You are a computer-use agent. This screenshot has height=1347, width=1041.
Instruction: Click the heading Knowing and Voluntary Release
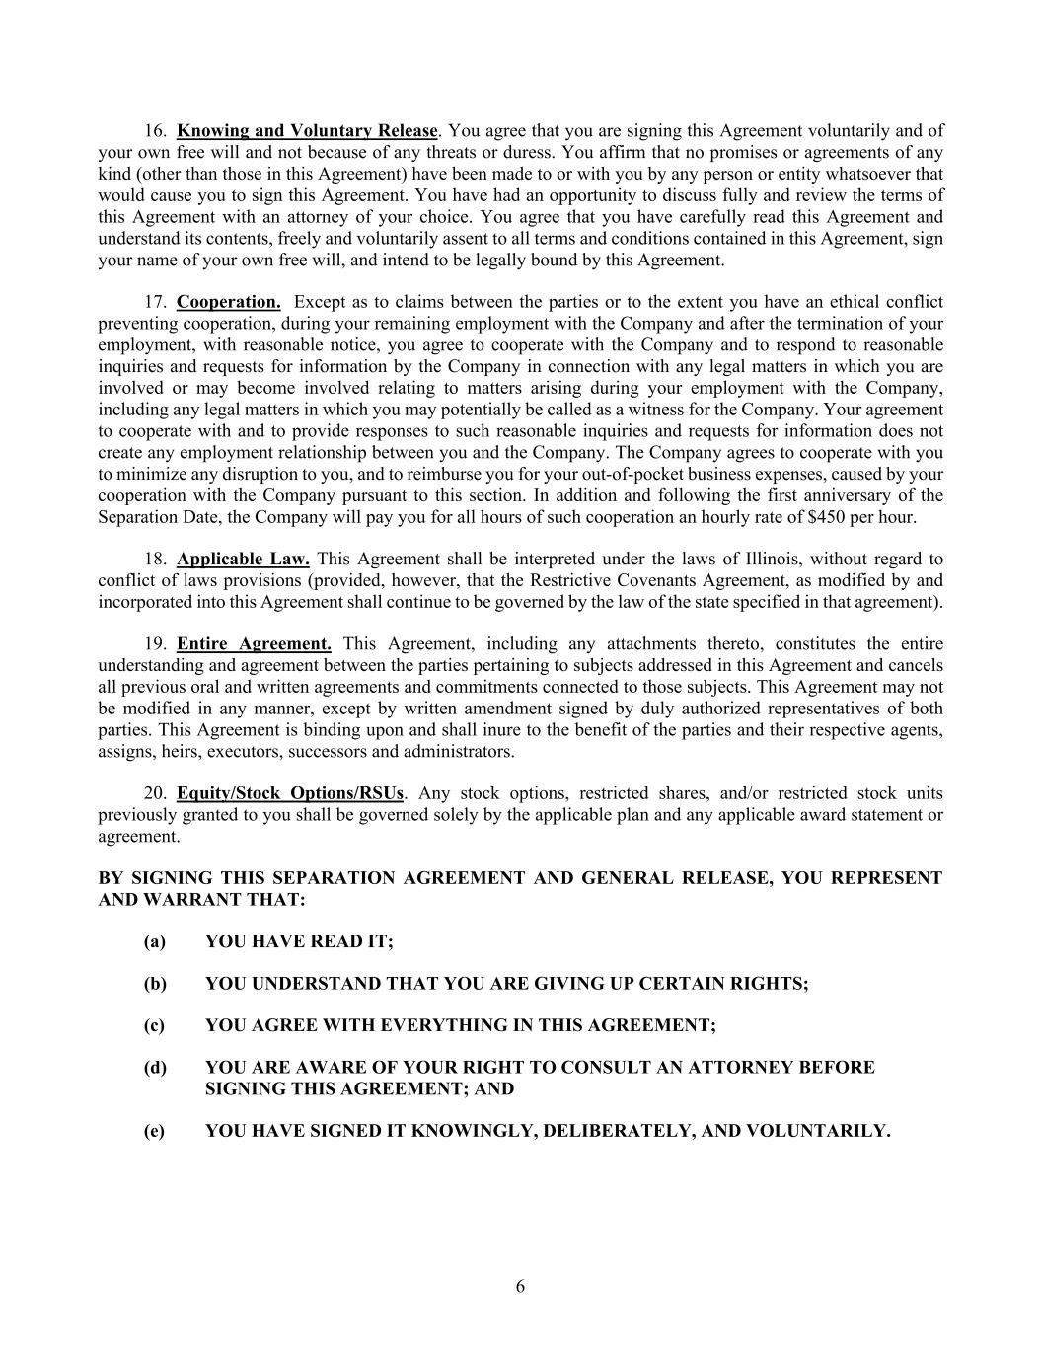tap(307, 130)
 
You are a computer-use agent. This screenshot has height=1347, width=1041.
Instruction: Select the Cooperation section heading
tap(228, 302)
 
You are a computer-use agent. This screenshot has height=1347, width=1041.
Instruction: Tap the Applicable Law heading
tap(243, 560)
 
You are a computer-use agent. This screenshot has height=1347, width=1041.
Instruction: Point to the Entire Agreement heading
tap(254, 644)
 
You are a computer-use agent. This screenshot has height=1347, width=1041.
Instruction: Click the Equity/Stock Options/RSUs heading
tap(290, 793)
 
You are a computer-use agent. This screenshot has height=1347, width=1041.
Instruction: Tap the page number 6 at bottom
tap(520, 1286)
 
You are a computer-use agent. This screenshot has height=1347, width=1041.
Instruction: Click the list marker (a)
tap(154, 941)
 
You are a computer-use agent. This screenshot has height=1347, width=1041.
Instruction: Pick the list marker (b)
tap(154, 984)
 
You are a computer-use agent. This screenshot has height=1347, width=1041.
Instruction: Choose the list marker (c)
tap(154, 1025)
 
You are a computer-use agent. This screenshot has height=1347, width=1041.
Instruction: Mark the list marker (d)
tap(154, 1068)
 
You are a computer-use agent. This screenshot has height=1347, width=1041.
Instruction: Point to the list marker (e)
tap(154, 1131)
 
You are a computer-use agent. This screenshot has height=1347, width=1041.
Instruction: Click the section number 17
tap(154, 302)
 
